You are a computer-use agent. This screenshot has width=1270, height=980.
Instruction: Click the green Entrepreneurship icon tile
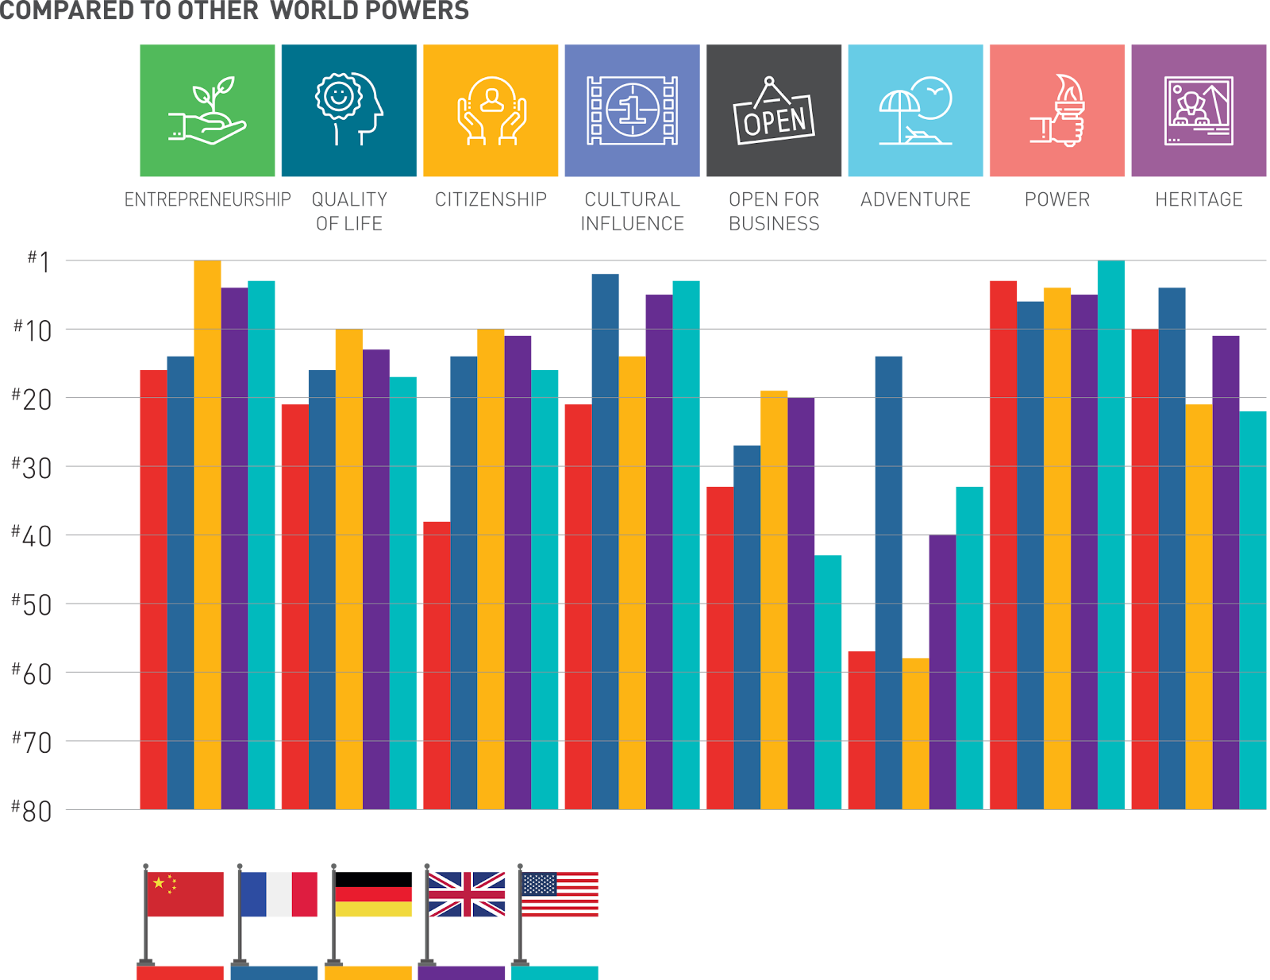(x=207, y=110)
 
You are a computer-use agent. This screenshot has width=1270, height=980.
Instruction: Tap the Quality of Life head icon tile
(x=348, y=110)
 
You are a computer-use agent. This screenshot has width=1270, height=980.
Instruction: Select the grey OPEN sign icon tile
(x=774, y=110)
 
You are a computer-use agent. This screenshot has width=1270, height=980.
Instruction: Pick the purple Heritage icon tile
(x=1199, y=110)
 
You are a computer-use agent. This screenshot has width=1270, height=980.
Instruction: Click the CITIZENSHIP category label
(x=491, y=199)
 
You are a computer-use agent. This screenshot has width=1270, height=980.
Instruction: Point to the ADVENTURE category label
(x=915, y=199)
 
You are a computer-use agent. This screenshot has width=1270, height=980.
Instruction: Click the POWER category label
(x=1057, y=199)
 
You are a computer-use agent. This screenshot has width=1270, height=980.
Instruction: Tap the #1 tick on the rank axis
(x=39, y=260)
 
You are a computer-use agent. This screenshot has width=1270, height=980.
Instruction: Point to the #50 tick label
(x=32, y=604)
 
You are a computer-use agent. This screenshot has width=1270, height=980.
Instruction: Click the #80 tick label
(x=32, y=811)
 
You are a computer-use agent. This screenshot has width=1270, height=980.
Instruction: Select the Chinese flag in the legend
(x=186, y=894)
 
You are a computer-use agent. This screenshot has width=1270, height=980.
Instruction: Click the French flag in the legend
(x=279, y=894)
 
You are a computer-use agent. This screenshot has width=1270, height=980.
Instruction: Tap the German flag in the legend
(x=374, y=901)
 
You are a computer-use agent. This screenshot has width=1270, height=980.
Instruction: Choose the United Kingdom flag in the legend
(x=467, y=894)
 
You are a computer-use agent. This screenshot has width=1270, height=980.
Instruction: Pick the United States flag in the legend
(x=560, y=894)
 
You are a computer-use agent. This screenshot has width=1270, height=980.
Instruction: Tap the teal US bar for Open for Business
(x=828, y=682)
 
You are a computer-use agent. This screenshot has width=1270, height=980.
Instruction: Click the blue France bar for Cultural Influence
(x=605, y=541)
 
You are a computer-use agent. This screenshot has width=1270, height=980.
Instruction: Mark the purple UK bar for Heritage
(x=1226, y=572)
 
